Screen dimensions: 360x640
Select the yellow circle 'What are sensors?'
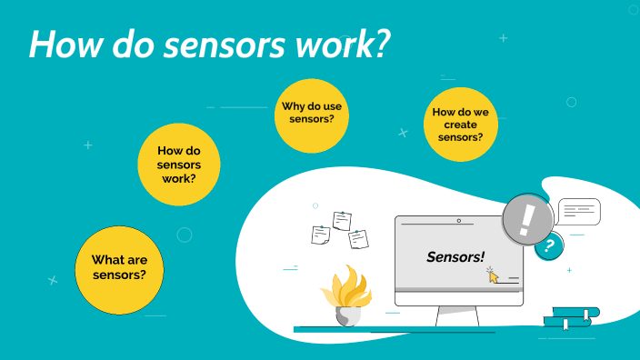click(119, 268)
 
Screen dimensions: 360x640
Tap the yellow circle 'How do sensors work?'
click(179, 165)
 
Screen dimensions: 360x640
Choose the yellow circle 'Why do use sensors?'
click(314, 113)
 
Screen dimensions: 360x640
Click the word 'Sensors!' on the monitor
click(455, 257)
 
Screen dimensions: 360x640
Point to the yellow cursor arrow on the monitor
click(494, 275)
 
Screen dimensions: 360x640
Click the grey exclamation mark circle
click(527, 219)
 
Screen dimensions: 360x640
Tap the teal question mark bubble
click(547, 245)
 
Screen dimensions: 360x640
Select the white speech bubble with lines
click(579, 212)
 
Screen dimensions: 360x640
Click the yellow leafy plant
click(346, 287)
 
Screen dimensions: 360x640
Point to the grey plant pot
click(348, 315)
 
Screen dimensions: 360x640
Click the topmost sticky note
click(342, 220)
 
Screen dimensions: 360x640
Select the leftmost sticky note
click(320, 235)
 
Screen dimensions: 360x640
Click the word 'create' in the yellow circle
click(461, 125)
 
